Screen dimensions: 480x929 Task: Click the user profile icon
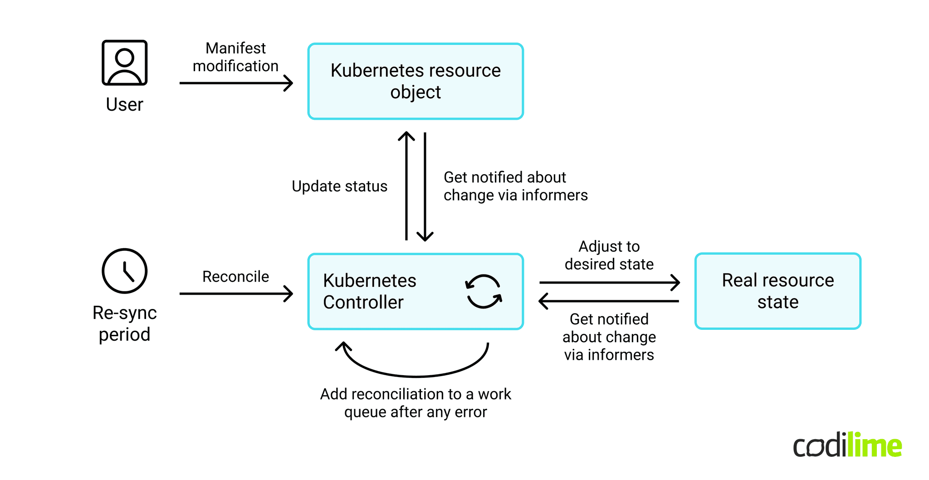coord(124,63)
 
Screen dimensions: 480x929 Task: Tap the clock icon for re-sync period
coord(124,271)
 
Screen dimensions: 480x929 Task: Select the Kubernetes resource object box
coord(415,82)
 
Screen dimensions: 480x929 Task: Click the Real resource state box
coord(777,291)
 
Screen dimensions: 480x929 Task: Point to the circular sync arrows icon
coord(484,291)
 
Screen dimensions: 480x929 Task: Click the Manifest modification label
coord(235,57)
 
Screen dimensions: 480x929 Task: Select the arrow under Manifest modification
coord(236,83)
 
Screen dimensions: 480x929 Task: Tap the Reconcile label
coord(235,276)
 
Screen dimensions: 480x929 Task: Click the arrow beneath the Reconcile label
coord(236,294)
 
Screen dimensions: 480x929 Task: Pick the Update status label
coord(339,186)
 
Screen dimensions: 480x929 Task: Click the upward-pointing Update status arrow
coord(406,186)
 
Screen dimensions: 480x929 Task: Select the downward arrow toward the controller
coord(425,186)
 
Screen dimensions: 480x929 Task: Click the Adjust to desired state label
coord(609,255)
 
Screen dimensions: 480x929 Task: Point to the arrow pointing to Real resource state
coord(609,282)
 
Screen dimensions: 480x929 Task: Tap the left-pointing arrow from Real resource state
coord(609,301)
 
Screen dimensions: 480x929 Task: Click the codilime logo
coord(847,446)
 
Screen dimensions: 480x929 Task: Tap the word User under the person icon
coord(124,104)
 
